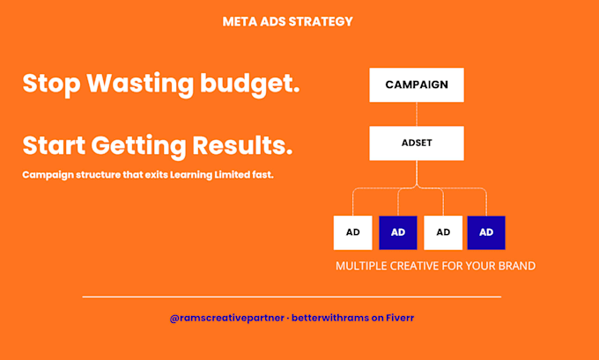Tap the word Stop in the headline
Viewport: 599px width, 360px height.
pyautogui.click(x=52, y=84)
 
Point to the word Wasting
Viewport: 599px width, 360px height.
pyautogui.click(x=140, y=84)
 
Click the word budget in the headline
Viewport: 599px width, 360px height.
pyautogui.click(x=250, y=84)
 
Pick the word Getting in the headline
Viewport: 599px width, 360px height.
pyautogui.click(x=138, y=146)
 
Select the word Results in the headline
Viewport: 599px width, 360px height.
pyautogui.click(x=242, y=145)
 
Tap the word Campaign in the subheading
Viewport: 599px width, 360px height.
pyautogui.click(x=48, y=175)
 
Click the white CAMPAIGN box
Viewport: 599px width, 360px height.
pyautogui.click(x=417, y=84)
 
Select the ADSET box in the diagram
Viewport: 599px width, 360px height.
pyautogui.click(x=417, y=143)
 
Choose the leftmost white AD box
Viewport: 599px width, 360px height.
pyautogui.click(x=352, y=232)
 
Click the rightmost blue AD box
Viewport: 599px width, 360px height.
pyautogui.click(x=486, y=232)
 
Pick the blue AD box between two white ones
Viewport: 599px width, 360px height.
pyautogui.click(x=397, y=232)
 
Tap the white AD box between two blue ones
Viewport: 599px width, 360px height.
pyautogui.click(x=443, y=232)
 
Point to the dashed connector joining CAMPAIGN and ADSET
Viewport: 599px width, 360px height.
pyautogui.click(x=417, y=114)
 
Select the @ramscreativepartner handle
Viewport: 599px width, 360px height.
pyautogui.click(x=227, y=318)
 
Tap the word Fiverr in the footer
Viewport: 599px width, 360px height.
pyautogui.click(x=400, y=318)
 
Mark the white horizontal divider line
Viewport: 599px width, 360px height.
pyautogui.click(x=292, y=297)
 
